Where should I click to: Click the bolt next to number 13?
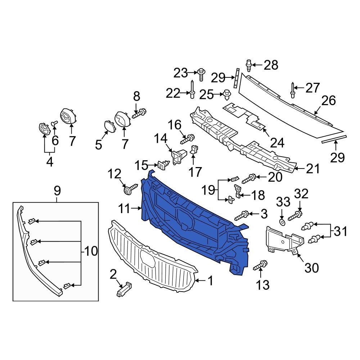pos(260,266)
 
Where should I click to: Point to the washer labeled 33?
pos(282,220)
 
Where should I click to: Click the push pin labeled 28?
pos(248,66)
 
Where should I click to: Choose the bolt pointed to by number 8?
pos(139,114)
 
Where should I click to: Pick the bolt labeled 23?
pos(201,75)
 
